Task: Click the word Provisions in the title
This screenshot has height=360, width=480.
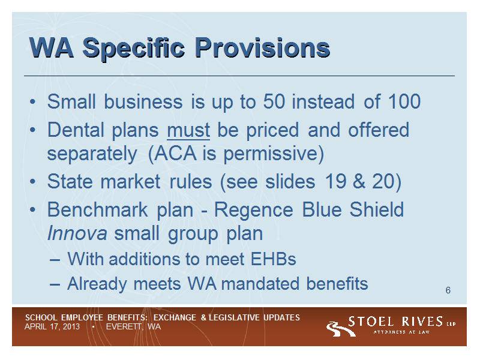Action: click(262, 48)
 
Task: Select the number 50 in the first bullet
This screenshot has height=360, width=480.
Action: click(274, 101)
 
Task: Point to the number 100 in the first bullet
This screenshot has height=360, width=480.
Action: click(404, 101)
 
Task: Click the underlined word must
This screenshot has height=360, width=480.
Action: click(188, 131)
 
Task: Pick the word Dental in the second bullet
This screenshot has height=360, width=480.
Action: click(76, 130)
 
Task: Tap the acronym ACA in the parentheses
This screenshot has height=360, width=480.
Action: click(175, 153)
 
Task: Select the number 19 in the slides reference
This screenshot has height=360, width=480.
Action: click(335, 181)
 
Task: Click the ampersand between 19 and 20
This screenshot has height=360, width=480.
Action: click(359, 181)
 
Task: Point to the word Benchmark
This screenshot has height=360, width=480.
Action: click(98, 209)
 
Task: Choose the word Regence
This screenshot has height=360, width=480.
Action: click(253, 211)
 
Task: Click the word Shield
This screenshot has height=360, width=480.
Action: click(377, 209)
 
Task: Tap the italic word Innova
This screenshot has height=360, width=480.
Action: click(77, 233)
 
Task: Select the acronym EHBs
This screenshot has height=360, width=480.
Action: click(274, 259)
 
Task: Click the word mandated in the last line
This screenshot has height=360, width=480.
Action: click(260, 283)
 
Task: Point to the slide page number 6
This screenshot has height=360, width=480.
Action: click(448, 290)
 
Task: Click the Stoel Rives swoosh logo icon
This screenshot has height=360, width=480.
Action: click(340, 329)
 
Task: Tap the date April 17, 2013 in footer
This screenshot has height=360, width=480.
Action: click(52, 327)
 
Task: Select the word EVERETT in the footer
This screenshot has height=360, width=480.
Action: click(124, 327)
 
